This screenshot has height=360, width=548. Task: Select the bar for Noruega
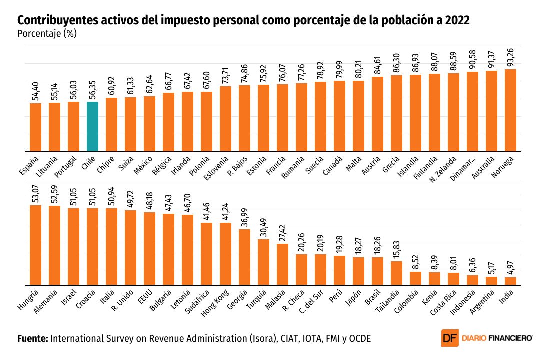[x=510, y=110]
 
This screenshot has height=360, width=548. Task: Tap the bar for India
[x=510, y=281]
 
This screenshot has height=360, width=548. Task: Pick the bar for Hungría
[x=35, y=245]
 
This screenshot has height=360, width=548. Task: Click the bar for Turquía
[x=263, y=262]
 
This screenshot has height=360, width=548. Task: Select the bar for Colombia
[x=415, y=278]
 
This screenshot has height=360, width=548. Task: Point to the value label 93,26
[x=511, y=55]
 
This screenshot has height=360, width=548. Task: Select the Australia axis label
[x=484, y=167]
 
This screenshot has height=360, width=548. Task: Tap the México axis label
[x=144, y=164]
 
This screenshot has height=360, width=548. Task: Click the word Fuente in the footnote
[x=32, y=338]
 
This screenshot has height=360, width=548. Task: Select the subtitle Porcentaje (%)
[x=46, y=34]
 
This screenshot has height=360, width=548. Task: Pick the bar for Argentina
[x=491, y=280]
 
